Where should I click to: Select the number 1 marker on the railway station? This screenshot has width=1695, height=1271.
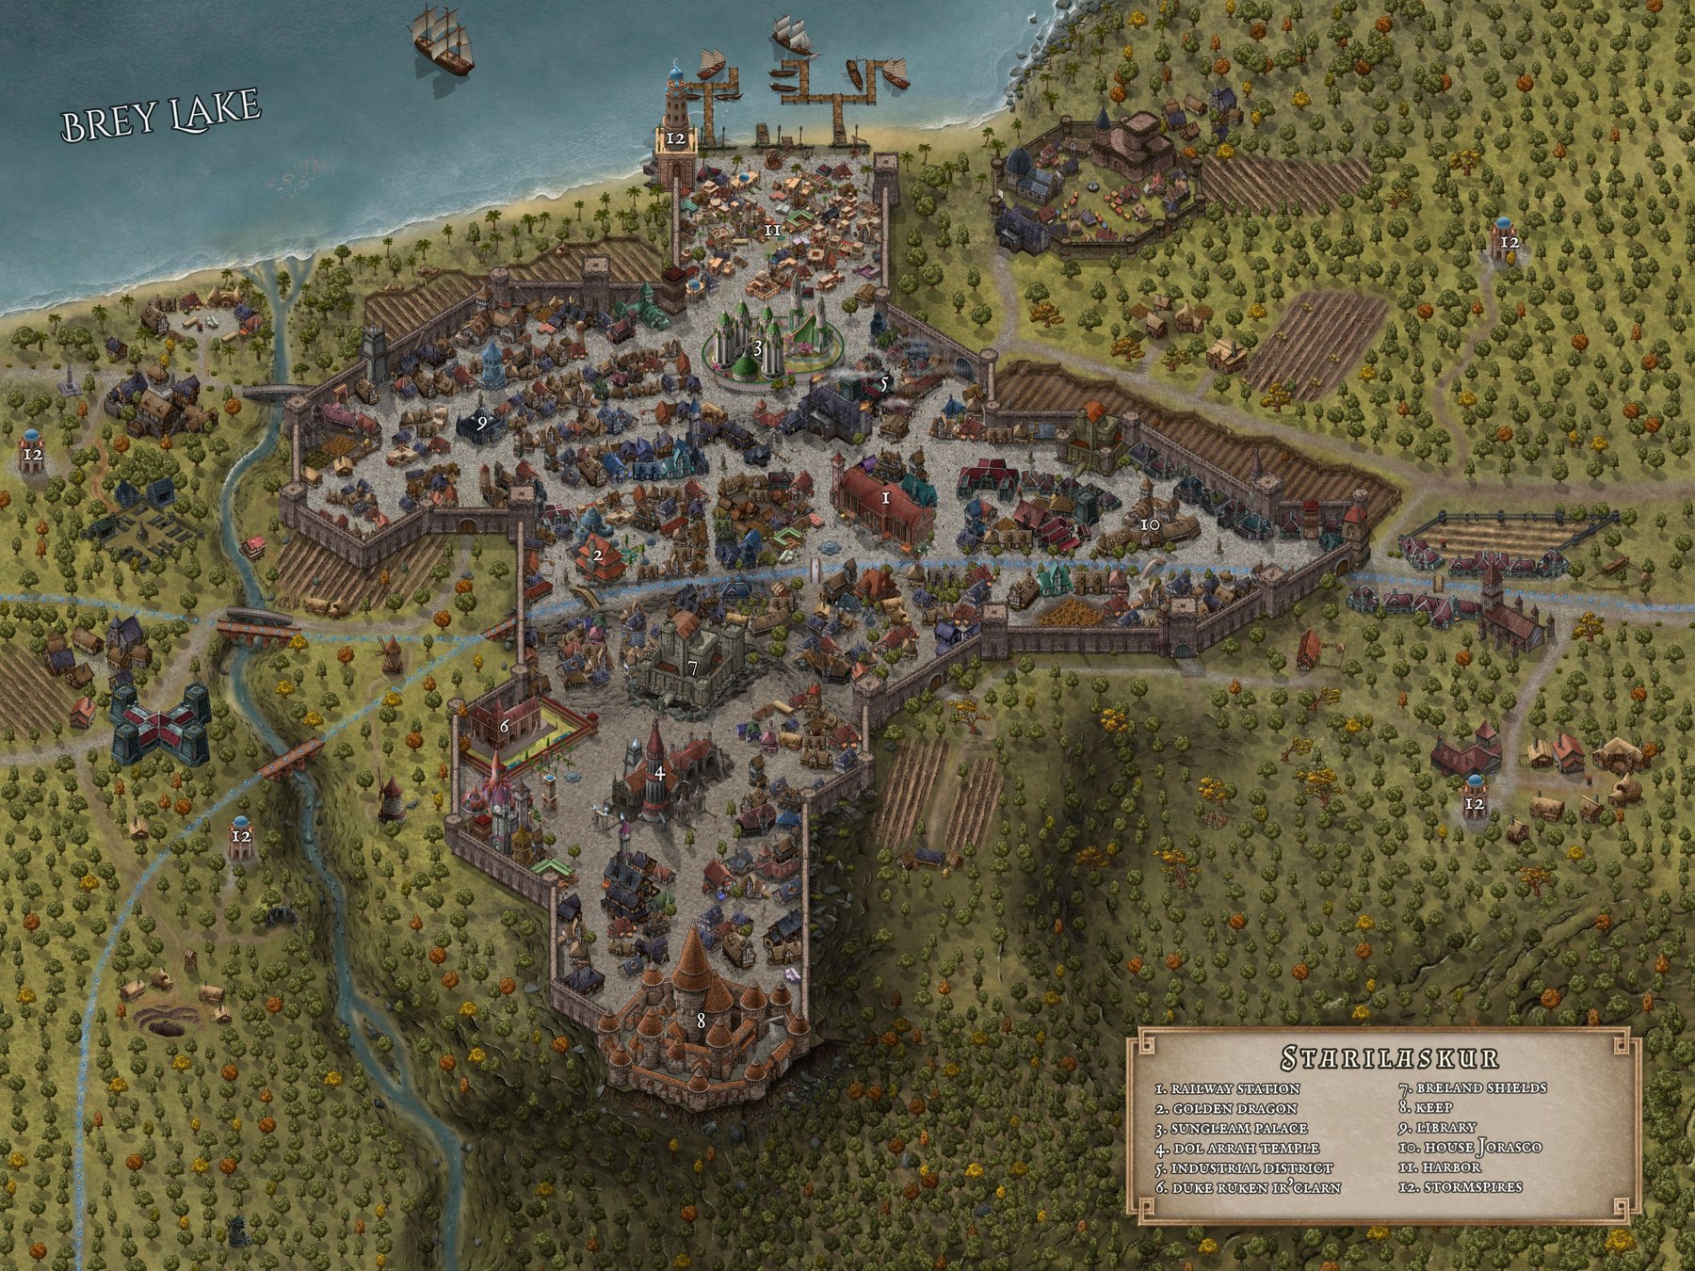click(885, 498)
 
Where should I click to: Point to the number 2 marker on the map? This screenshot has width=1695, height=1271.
click(598, 555)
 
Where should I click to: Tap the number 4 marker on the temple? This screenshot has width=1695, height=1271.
click(660, 773)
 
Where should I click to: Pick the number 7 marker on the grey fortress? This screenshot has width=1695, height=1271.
click(692, 668)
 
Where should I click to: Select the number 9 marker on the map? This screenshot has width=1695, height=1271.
click(482, 424)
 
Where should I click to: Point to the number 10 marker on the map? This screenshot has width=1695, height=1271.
click(1150, 523)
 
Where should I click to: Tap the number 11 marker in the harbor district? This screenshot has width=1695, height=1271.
click(773, 229)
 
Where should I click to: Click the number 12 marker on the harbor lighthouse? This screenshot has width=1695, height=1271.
click(676, 139)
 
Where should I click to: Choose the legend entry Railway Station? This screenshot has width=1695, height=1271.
click(1224, 1089)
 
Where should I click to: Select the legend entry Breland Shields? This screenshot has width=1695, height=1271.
click(1473, 1088)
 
